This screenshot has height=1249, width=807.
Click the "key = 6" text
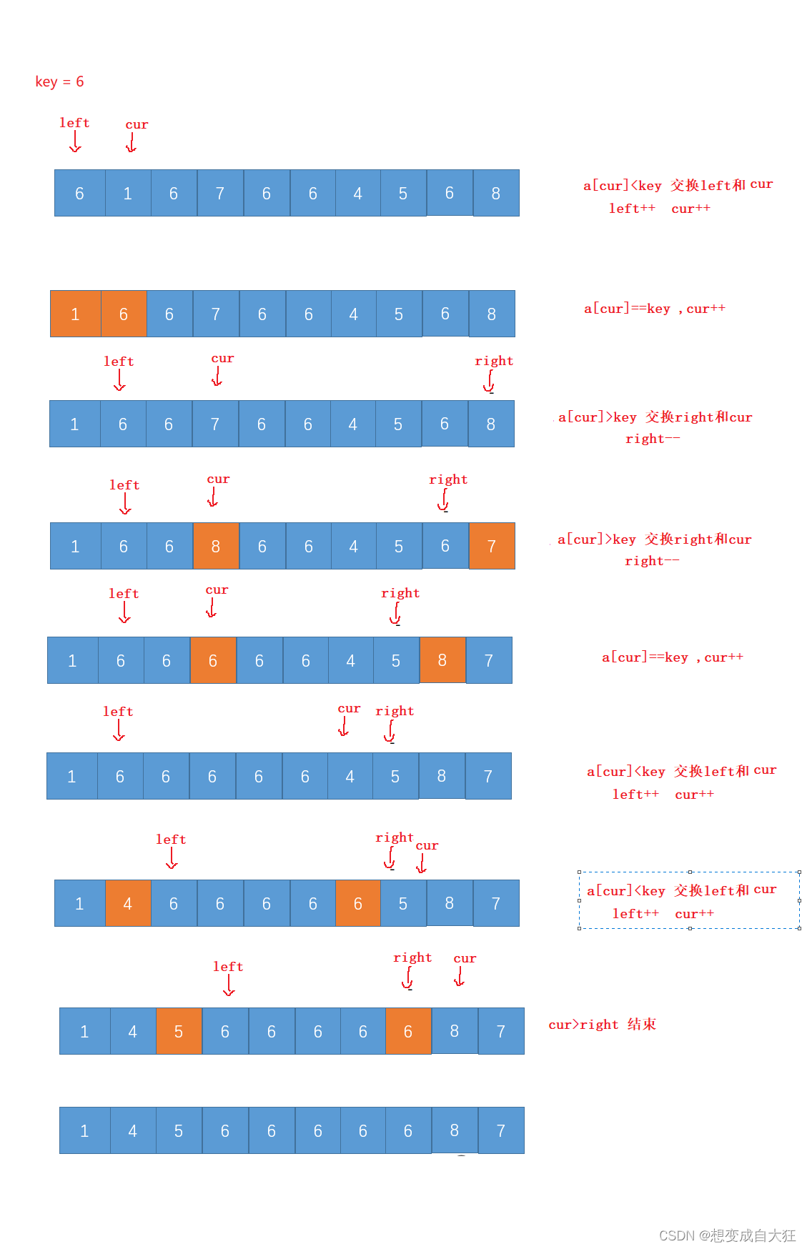(x=59, y=81)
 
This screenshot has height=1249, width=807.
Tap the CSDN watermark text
(x=727, y=1235)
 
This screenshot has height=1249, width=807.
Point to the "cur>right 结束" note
(x=602, y=1025)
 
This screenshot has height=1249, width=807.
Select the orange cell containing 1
(x=75, y=314)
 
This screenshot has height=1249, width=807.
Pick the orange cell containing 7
(x=492, y=546)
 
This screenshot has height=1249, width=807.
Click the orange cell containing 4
(x=128, y=903)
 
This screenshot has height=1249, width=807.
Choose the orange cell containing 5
(x=179, y=1031)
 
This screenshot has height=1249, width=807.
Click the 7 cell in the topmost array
(x=220, y=193)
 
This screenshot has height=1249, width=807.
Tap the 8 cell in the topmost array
(x=496, y=193)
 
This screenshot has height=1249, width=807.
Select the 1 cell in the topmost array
(x=128, y=193)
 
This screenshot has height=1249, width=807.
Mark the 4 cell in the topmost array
(x=358, y=193)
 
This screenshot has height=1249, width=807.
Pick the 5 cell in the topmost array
(x=403, y=193)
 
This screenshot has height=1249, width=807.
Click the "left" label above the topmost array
(x=74, y=123)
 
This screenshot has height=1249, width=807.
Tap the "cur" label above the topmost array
(x=137, y=124)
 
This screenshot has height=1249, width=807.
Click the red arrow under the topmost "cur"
(x=132, y=143)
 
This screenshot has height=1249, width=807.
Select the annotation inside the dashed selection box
(x=681, y=901)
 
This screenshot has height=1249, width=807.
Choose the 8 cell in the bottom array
(x=455, y=1130)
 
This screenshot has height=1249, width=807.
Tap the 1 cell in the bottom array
(x=84, y=1130)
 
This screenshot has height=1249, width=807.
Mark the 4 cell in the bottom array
(x=133, y=1130)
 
